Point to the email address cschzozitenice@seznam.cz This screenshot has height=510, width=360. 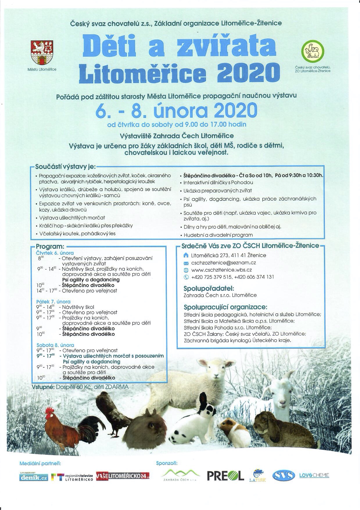tap(223, 263)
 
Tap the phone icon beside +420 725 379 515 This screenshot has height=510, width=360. tap(186, 277)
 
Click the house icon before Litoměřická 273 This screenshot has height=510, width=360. tap(186, 255)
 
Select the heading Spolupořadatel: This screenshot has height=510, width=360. tap(209, 288)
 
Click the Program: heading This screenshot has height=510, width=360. tap(50, 247)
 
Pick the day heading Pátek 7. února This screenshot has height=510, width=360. tap(53, 302)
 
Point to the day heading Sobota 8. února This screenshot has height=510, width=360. tap(55, 345)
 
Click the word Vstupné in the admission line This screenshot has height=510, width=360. tap(44, 387)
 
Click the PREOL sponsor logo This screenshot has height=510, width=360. tap(225, 476)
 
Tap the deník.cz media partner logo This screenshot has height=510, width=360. tap(34, 477)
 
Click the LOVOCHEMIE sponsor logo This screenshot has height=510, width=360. tap(314, 475)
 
